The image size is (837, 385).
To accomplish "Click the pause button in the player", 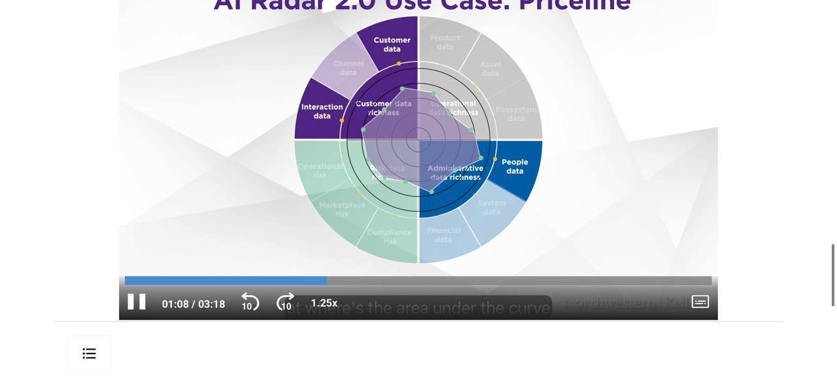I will click(x=137, y=302).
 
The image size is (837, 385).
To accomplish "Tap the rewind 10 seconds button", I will click(x=250, y=303).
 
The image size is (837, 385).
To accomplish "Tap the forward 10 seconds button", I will click(x=285, y=303).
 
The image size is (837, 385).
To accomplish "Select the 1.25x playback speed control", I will click(x=324, y=303).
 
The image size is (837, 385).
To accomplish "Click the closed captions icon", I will click(x=700, y=302).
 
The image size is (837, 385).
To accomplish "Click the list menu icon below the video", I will click(x=90, y=354).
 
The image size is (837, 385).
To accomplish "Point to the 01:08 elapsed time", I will click(x=175, y=304).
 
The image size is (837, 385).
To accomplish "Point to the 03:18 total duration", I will click(x=212, y=304).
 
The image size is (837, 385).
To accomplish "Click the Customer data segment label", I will click(x=392, y=44).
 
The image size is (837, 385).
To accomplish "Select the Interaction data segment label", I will click(x=322, y=111).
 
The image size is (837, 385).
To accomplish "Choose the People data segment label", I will click(x=515, y=167).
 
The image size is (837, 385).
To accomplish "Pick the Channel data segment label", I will click(x=348, y=68).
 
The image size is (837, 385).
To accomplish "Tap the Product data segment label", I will click(x=445, y=42).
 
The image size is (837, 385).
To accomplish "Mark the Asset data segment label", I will click(x=490, y=69).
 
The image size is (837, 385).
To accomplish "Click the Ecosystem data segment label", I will click(x=516, y=114).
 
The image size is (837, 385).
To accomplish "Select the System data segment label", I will click(x=492, y=207).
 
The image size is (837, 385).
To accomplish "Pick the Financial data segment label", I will click(x=443, y=235).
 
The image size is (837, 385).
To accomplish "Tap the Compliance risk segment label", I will click(x=390, y=237).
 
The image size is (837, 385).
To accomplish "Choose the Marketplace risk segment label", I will click(x=342, y=209).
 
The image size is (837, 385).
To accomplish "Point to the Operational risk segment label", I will click(x=320, y=171).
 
